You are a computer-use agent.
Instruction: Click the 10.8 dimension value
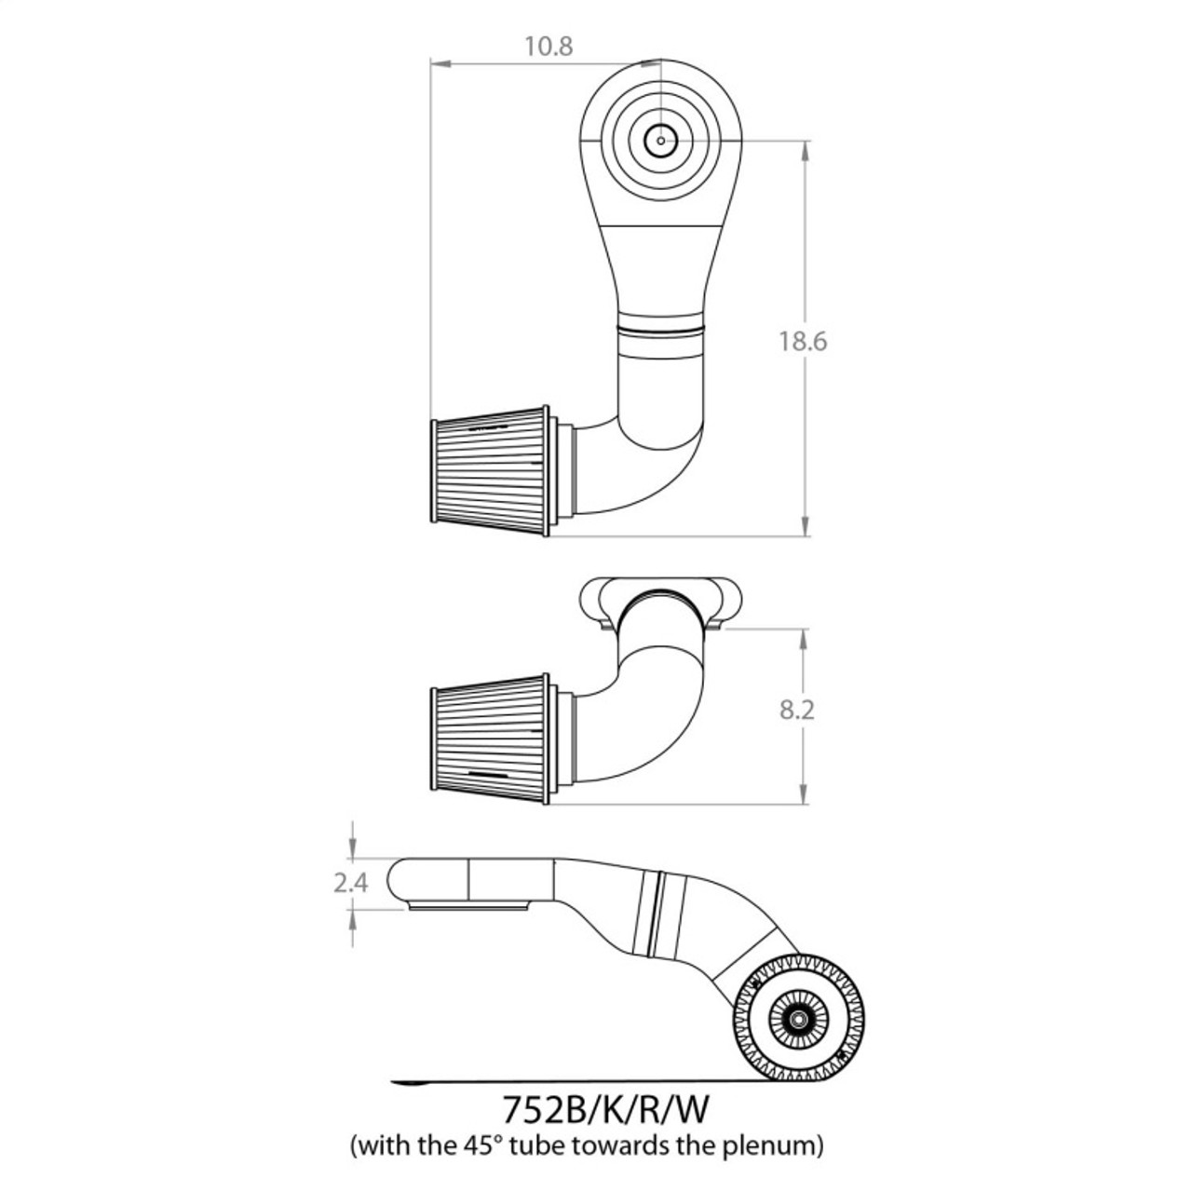coord(549,46)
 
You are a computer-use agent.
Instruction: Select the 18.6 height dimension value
coord(803,341)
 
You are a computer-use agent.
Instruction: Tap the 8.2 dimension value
coord(796,710)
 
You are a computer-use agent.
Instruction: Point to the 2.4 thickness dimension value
coord(351,882)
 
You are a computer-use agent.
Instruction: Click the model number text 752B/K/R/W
coord(611,1110)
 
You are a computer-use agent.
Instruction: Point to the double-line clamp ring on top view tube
coord(661,329)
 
